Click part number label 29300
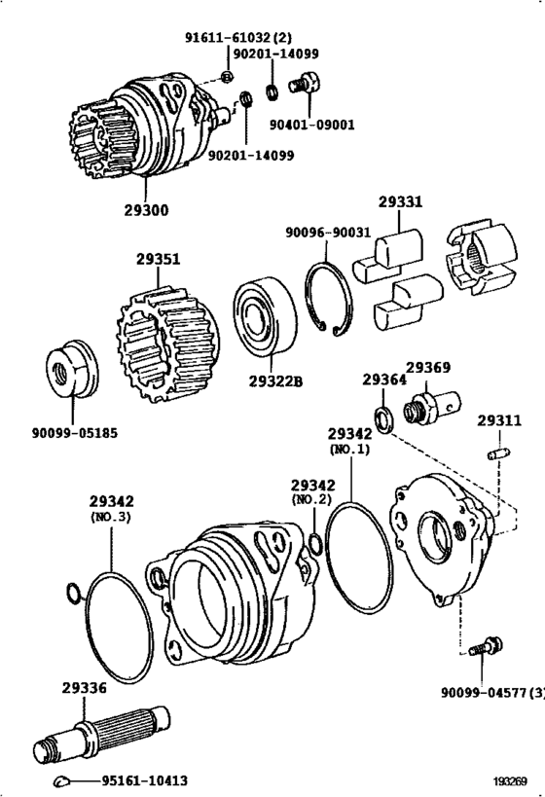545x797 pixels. pyautogui.click(x=146, y=209)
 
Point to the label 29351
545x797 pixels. pyautogui.click(x=158, y=261)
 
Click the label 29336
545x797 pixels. pyautogui.click(x=84, y=687)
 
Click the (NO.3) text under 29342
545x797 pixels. pyautogui.click(x=110, y=516)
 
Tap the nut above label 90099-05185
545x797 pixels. pyautogui.click(x=74, y=371)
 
